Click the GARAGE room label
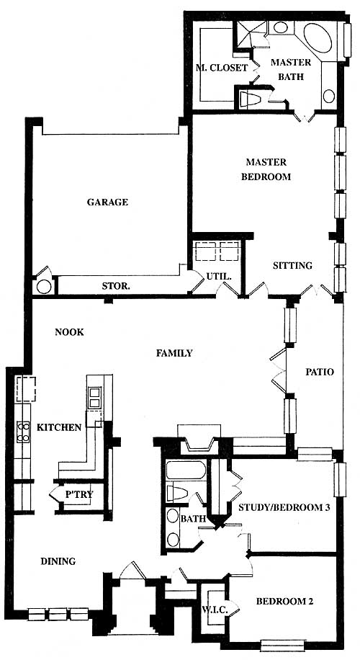point(107,202)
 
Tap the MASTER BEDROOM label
point(266,169)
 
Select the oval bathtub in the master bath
point(318,38)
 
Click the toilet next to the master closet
point(251,99)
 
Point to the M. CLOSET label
point(222,68)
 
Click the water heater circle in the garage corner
point(44,286)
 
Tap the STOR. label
point(116,287)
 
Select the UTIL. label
point(218,277)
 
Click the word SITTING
point(293,266)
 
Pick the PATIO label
point(320,372)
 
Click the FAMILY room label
point(174,353)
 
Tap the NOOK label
point(69,332)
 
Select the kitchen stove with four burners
point(23,432)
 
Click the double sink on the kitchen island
point(94,397)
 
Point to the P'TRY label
point(79,495)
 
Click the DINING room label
point(58,561)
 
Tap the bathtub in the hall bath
point(186,471)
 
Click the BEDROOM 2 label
point(284,602)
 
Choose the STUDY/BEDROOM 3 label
point(284,507)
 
